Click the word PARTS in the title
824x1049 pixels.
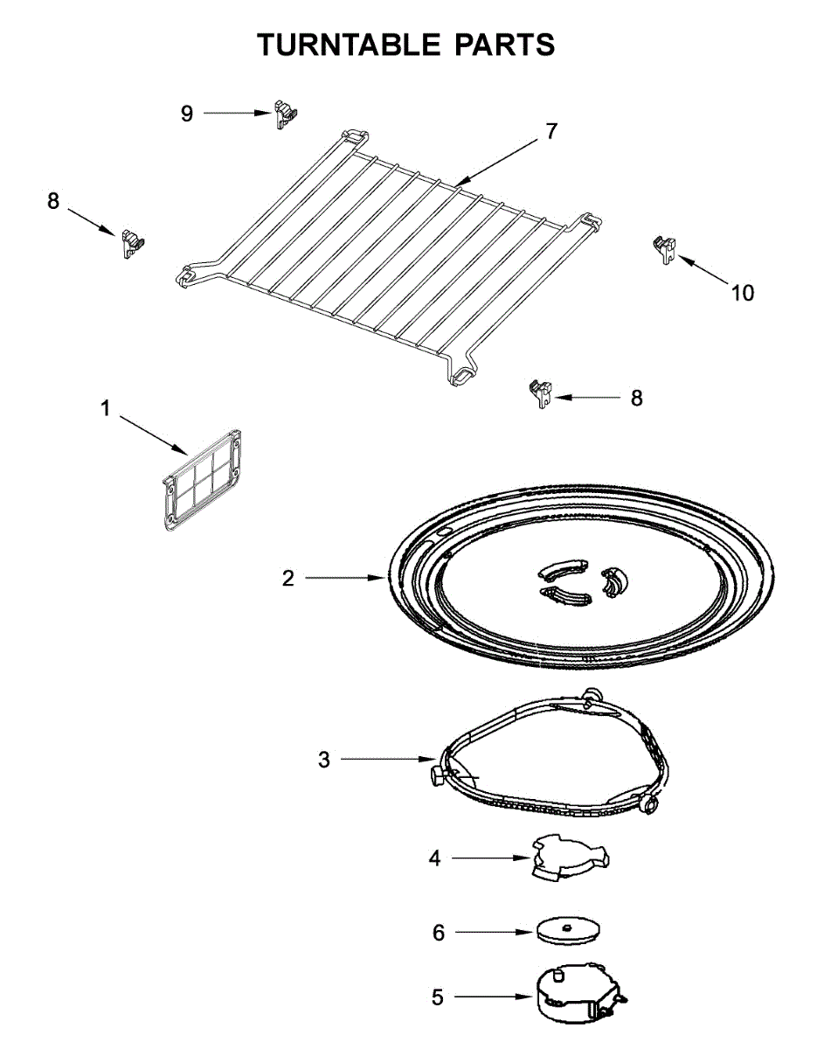click(x=507, y=45)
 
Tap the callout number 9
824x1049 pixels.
click(x=186, y=114)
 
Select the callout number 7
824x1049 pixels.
click(x=550, y=132)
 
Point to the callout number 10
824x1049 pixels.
click(x=742, y=293)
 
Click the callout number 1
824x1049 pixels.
click(x=105, y=408)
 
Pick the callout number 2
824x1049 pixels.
click(x=287, y=579)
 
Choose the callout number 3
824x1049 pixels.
click(x=324, y=760)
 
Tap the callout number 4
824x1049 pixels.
click(x=434, y=858)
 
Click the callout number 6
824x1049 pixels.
click(x=439, y=933)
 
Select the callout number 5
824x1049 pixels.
click(x=437, y=997)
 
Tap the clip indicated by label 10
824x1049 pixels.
click(x=663, y=248)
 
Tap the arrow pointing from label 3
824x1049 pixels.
click(x=389, y=760)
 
